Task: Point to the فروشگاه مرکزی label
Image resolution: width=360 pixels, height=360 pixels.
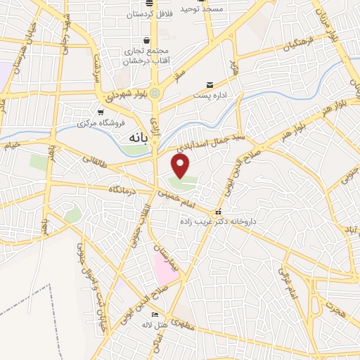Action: click(x=102, y=123)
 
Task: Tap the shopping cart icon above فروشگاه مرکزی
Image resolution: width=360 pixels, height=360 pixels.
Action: click(x=102, y=112)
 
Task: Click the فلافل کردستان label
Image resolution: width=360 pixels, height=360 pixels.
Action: click(x=150, y=14)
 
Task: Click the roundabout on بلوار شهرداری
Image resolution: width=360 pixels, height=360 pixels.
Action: click(x=155, y=92)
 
